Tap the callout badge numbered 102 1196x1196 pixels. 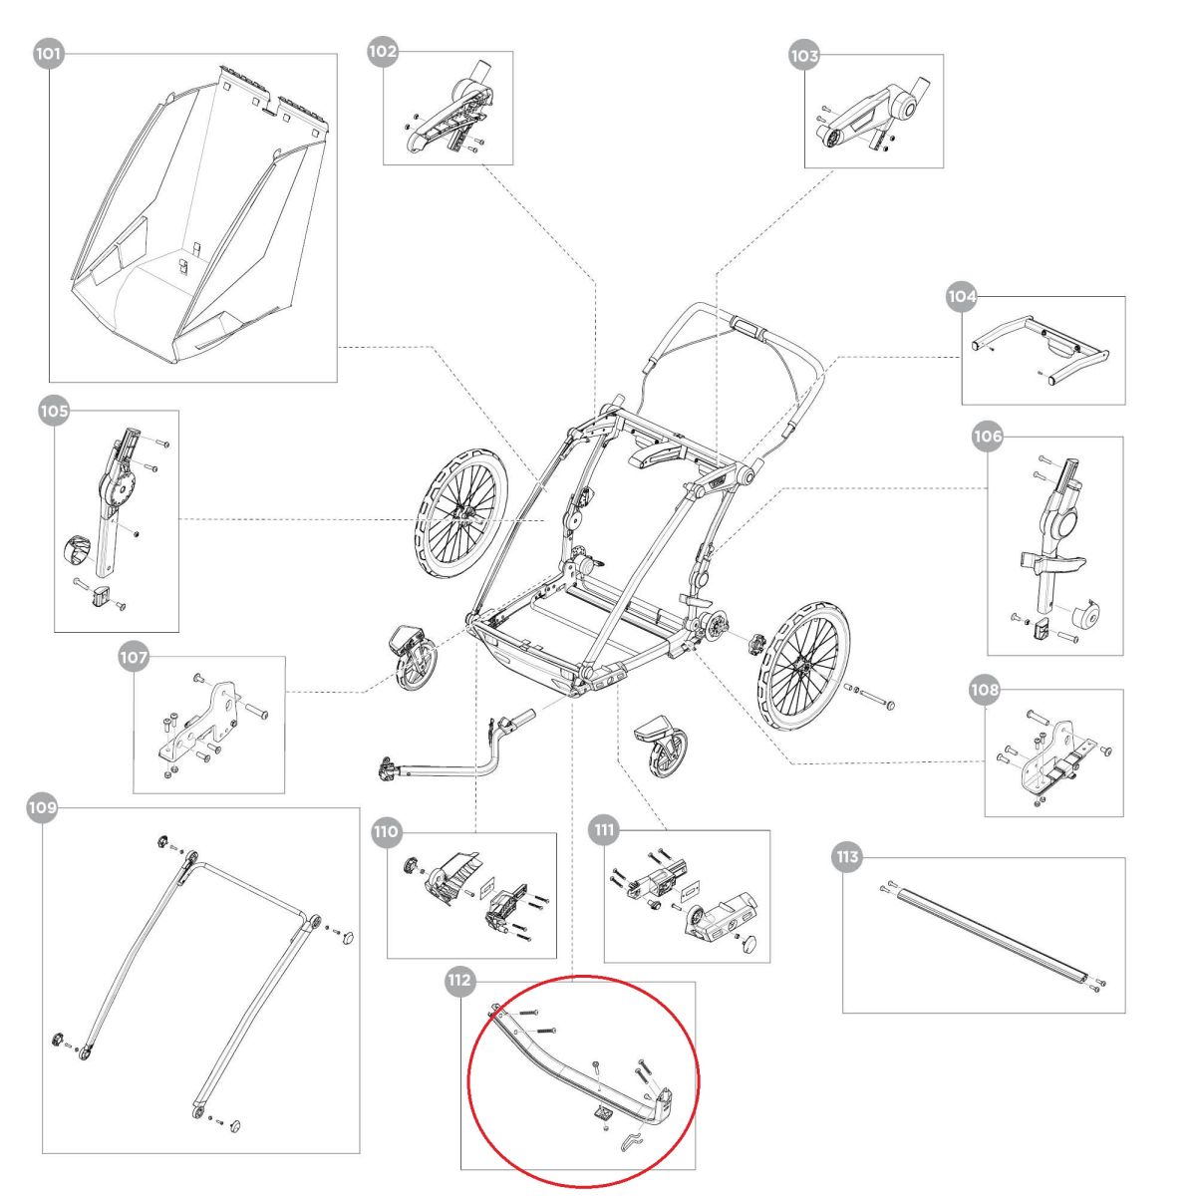[x=383, y=51]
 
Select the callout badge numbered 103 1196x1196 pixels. [x=803, y=56]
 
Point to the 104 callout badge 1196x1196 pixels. [x=962, y=296]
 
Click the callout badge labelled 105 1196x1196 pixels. [x=54, y=410]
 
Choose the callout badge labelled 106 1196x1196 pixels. [x=987, y=437]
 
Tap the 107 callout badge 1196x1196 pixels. [x=134, y=658]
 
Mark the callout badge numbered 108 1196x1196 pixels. [x=985, y=690]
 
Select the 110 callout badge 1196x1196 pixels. [x=386, y=831]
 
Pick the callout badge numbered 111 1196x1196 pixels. [x=604, y=830]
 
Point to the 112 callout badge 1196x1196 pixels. [x=459, y=982]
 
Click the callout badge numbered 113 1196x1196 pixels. [x=846, y=857]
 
